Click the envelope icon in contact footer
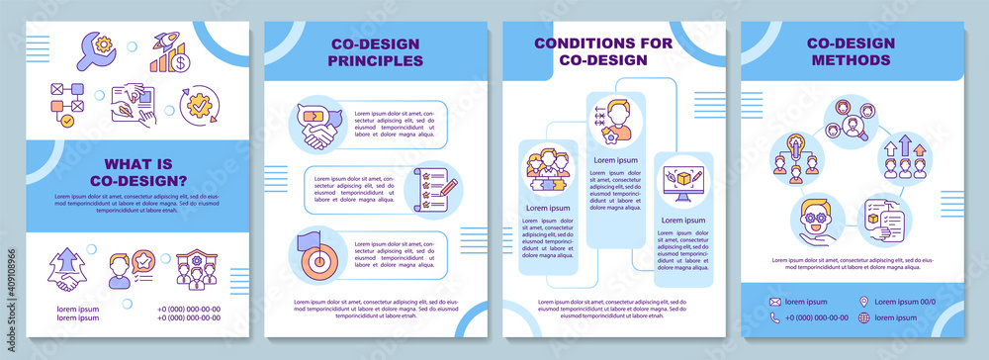point(777,302)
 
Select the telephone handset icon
point(777,317)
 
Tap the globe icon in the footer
point(864,317)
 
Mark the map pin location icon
point(864,302)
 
